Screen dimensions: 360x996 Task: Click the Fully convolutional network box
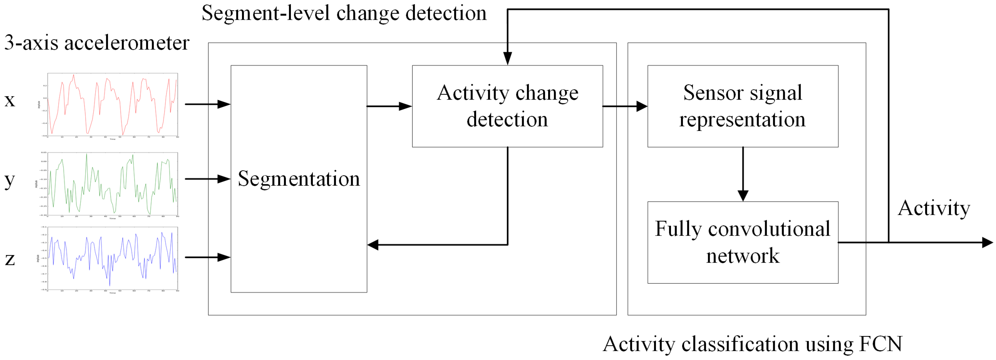742,242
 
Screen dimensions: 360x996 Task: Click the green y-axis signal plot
112,184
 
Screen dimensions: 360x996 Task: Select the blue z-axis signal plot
112,258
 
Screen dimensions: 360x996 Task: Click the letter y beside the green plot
10,180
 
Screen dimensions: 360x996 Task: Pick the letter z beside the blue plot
10,259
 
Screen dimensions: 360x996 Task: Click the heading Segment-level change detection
344,13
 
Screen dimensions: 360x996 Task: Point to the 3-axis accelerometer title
97,43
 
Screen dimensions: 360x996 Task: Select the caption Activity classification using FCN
752,344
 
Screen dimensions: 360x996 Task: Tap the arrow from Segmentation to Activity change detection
389,106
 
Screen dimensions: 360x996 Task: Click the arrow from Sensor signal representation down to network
742,174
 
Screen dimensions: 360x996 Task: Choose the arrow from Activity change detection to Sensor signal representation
625,106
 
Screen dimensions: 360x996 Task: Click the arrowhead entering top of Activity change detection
507,59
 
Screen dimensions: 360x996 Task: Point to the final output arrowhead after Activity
987,242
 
